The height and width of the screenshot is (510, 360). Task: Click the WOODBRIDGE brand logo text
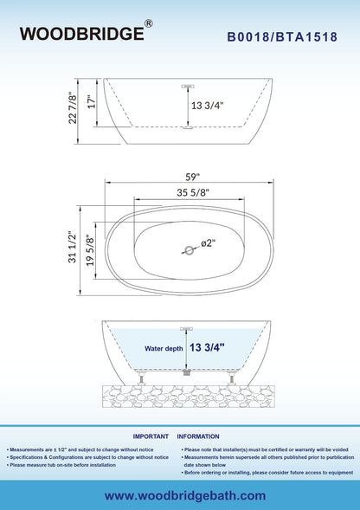(x=81, y=34)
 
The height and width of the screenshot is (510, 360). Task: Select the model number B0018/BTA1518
(x=282, y=36)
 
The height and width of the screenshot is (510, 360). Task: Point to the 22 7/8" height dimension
(x=73, y=108)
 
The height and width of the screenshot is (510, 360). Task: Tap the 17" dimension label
(x=92, y=101)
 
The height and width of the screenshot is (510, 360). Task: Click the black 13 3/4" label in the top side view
(x=207, y=106)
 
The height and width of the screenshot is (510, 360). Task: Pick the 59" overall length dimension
(x=192, y=177)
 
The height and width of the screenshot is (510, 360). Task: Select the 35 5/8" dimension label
(x=193, y=192)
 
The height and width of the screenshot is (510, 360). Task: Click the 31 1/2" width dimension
(x=72, y=247)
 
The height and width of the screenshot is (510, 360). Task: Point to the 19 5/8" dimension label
(x=90, y=251)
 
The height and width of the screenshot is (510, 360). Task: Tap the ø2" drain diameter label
(x=209, y=243)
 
